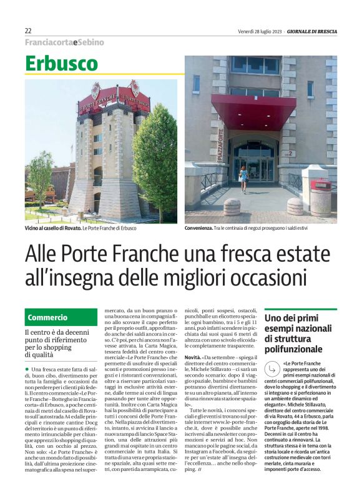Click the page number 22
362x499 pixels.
point(28,31)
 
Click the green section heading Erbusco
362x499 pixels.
point(62,64)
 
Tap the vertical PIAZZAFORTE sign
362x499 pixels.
point(220,145)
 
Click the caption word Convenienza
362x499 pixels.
point(203,229)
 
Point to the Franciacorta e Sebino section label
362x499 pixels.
point(64,42)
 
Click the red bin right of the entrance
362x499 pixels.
point(320,197)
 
